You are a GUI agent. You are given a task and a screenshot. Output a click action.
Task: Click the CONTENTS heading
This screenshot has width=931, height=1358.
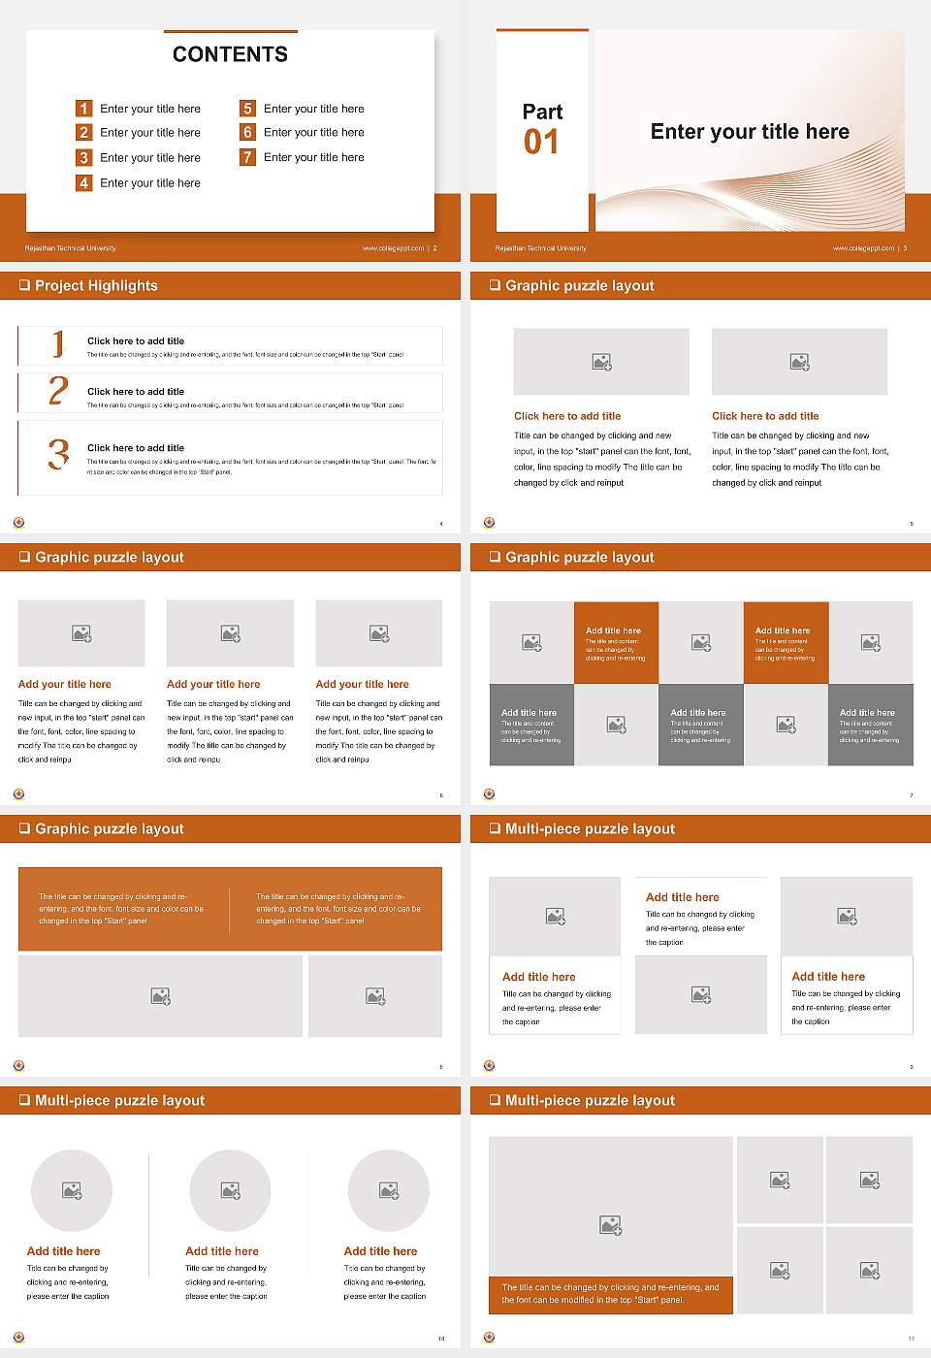pos(230,54)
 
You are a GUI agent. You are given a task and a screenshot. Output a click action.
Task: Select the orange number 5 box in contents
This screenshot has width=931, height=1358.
pos(247,109)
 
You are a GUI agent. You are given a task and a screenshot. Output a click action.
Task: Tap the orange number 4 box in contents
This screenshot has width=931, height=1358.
pos(83,182)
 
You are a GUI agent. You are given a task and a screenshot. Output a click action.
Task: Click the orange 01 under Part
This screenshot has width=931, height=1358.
pos(541,143)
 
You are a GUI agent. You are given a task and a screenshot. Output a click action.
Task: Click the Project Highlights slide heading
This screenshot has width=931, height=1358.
pos(96,285)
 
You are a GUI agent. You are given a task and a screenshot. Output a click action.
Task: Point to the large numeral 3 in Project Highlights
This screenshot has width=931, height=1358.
pos(58,454)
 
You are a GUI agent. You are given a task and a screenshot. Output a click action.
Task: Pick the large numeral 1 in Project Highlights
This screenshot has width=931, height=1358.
pos(58,343)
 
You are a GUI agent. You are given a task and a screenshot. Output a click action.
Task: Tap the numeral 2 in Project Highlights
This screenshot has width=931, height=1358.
pos(58,391)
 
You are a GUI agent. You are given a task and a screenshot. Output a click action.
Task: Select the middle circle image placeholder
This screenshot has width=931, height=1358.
pos(230,1190)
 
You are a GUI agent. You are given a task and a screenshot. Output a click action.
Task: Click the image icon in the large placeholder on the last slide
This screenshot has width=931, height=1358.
pos(610,1225)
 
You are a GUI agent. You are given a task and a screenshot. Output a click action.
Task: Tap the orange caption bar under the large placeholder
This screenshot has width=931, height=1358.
pos(610,1294)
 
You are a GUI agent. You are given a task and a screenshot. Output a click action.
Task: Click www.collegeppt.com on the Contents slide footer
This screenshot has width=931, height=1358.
pos(393,248)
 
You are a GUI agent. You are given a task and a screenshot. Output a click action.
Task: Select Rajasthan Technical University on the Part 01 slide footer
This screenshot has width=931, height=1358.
pos(540,248)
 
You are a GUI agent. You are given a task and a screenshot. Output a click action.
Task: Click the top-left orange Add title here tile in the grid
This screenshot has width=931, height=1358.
pos(616,642)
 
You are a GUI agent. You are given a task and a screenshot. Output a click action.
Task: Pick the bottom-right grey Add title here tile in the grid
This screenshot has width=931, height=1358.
pos(870,725)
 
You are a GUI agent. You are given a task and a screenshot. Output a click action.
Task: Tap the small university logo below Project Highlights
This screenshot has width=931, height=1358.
pos(18,522)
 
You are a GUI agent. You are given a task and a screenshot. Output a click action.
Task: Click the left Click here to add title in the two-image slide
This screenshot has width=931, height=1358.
pos(567,416)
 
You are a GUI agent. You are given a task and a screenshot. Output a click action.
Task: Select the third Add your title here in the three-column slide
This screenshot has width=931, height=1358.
pos(362,684)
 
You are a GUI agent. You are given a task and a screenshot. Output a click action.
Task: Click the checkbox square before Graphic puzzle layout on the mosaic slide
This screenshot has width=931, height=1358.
pos(495,557)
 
